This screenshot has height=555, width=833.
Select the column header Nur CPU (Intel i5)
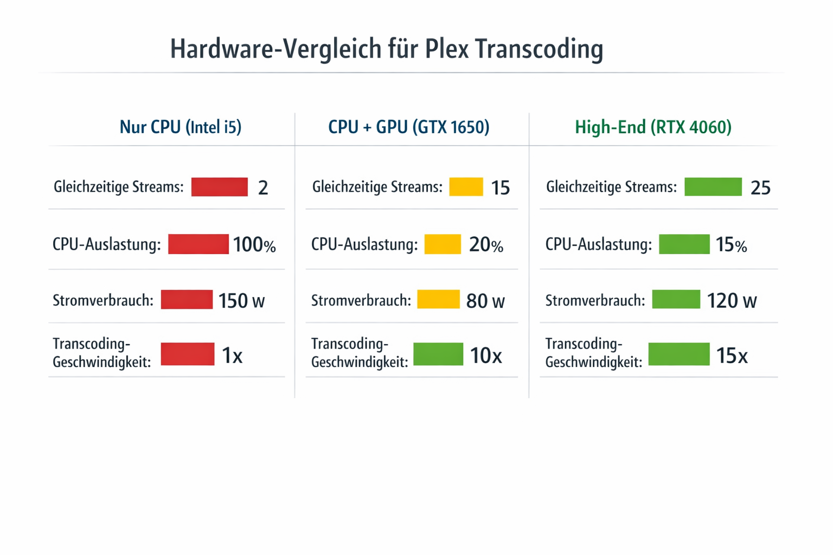[x=180, y=127]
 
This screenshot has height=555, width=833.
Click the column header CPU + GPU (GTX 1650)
[x=408, y=127]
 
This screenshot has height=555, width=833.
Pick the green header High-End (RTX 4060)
[x=653, y=127]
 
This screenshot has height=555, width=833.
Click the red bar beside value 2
[x=219, y=187]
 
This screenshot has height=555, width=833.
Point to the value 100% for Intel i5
[x=254, y=245]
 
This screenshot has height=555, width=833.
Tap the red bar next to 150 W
[x=187, y=300]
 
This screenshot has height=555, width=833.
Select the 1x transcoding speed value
[x=232, y=356]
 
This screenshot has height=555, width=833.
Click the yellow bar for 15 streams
[x=466, y=187]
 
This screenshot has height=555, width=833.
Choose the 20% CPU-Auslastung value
[x=486, y=245]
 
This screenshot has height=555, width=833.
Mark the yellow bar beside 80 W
[x=438, y=299]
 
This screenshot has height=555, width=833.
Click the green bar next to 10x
[x=438, y=354]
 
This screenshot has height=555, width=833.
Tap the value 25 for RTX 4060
[x=760, y=188]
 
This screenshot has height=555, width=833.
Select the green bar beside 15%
[x=684, y=244]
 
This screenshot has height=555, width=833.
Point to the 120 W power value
[x=732, y=300]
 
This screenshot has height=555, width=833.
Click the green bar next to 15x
[x=678, y=354]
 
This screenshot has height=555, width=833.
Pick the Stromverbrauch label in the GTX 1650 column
[x=361, y=300]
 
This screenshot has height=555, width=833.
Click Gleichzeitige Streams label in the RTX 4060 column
[x=611, y=188]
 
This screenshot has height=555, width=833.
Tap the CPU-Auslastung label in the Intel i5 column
[x=106, y=245]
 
